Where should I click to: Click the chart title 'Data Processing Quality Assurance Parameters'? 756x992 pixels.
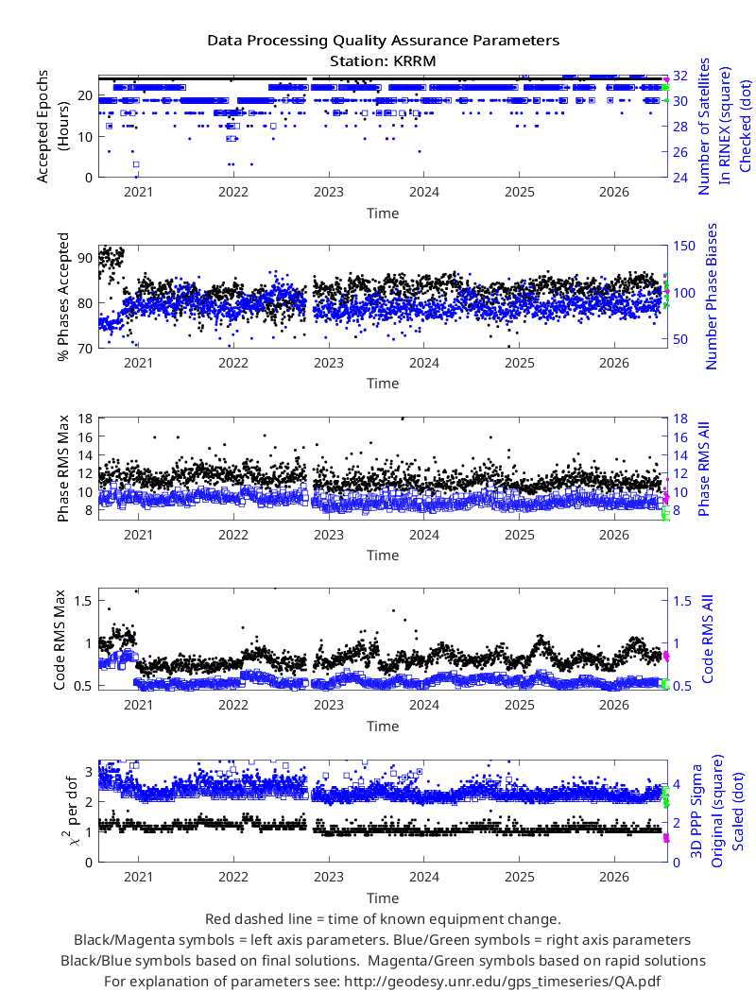(x=383, y=42)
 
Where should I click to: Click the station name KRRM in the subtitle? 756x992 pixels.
(x=416, y=61)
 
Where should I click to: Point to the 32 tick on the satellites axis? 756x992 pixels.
(x=680, y=76)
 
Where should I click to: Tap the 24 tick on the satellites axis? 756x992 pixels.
(x=680, y=178)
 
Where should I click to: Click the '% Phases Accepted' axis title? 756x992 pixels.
(x=62, y=297)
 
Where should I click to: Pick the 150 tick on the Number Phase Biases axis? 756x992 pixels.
(x=684, y=246)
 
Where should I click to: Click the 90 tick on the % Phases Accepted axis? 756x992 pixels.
(x=85, y=258)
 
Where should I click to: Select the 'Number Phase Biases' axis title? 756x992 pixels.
(x=712, y=297)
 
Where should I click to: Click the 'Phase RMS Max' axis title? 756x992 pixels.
(x=62, y=469)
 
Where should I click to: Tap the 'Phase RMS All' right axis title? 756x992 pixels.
(x=703, y=469)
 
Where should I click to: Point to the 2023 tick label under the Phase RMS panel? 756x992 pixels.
(x=328, y=536)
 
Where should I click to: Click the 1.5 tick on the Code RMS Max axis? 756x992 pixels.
(x=82, y=601)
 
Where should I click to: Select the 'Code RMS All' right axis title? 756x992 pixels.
(x=707, y=639)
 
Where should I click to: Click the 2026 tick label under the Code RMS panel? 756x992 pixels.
(x=613, y=706)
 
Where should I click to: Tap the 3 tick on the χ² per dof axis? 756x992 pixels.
(x=89, y=771)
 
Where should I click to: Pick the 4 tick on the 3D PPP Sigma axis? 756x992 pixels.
(x=677, y=784)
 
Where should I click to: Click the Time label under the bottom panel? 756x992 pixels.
(x=383, y=898)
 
